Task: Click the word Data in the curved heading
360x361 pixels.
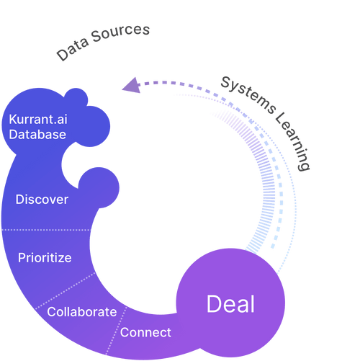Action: (x=73, y=49)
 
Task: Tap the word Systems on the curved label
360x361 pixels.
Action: (x=248, y=95)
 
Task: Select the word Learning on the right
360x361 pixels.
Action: (x=293, y=141)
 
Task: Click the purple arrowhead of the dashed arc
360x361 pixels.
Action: (x=132, y=86)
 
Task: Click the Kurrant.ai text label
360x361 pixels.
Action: (x=38, y=120)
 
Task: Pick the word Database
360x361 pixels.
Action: (x=37, y=135)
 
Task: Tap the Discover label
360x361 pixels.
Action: (x=42, y=200)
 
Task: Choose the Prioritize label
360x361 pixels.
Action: (x=45, y=258)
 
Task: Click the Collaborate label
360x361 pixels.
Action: (x=82, y=312)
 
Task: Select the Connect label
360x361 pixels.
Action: (x=145, y=332)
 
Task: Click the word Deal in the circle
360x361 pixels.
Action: (x=230, y=304)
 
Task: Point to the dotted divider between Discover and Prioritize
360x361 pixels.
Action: (x=46, y=230)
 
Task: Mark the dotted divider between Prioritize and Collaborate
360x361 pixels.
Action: (x=66, y=290)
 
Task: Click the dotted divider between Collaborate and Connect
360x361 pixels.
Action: (x=116, y=330)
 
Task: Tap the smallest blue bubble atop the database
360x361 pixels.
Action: (x=76, y=99)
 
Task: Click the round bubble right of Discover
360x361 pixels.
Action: (x=99, y=187)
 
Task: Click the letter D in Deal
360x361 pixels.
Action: (x=213, y=304)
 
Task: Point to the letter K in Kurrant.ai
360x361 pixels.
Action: (x=12, y=120)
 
